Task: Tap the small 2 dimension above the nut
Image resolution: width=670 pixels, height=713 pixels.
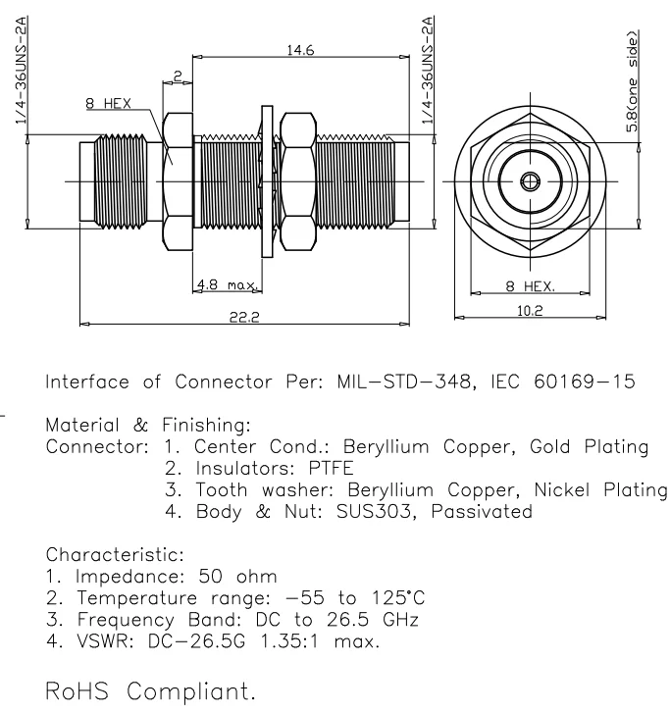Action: [x=178, y=76]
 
